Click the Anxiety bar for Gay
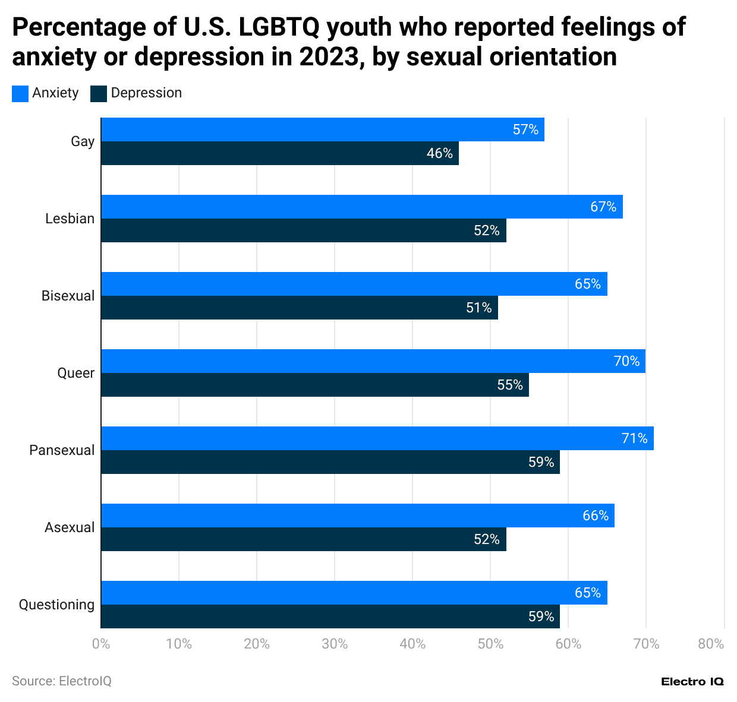323,129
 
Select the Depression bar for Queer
315,385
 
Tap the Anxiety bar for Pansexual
377,438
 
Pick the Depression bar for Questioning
330,616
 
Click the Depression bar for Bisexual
300,308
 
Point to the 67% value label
603,207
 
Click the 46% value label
440,153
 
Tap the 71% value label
634,438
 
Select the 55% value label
510,385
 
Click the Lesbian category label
70,219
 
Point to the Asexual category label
70,527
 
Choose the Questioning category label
56,605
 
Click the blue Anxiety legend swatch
20,93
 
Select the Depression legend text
146,93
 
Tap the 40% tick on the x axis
412,644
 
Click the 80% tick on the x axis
711,644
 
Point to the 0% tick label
101,644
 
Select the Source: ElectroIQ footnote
62,681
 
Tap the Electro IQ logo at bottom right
692,682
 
